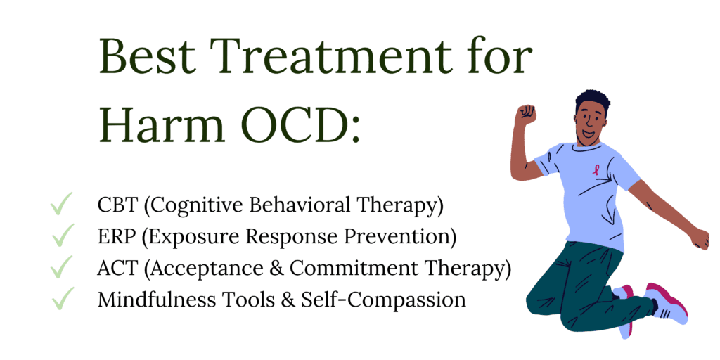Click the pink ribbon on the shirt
tap(596, 170)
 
